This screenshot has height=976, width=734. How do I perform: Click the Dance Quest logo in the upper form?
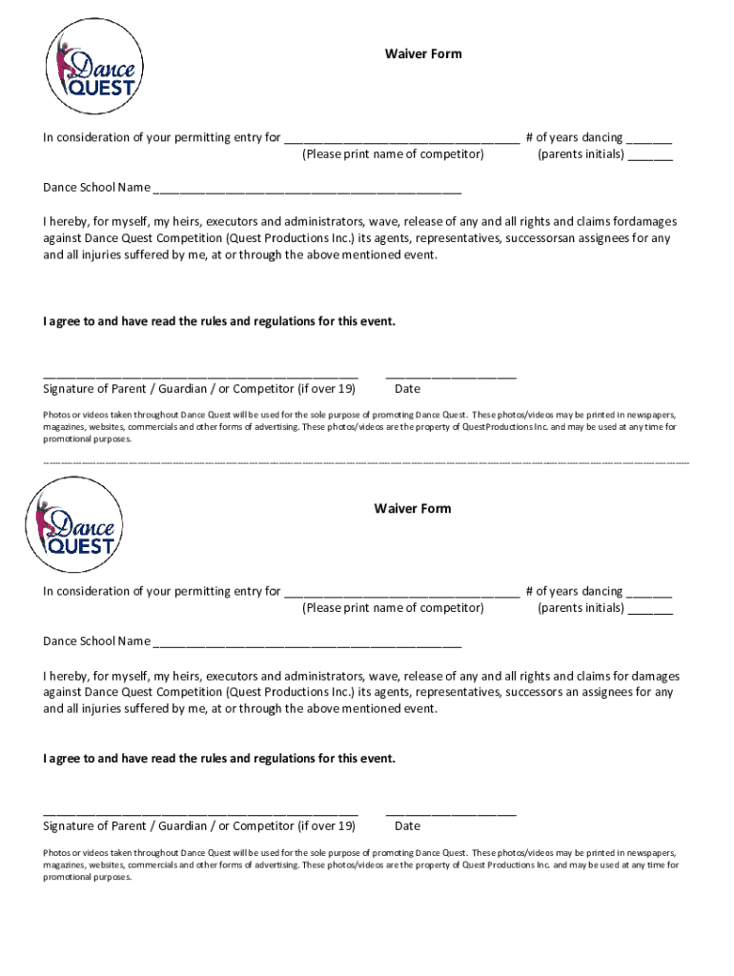point(95,69)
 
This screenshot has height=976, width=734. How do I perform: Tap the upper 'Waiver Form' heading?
point(423,53)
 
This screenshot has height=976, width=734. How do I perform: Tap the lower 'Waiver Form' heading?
point(412,508)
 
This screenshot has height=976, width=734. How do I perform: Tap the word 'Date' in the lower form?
point(407,825)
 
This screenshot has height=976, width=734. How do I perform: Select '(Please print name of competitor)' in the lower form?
point(393,608)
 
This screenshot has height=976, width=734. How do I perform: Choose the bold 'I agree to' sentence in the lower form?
point(218,759)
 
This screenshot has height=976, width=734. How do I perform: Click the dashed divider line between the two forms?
point(366,461)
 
